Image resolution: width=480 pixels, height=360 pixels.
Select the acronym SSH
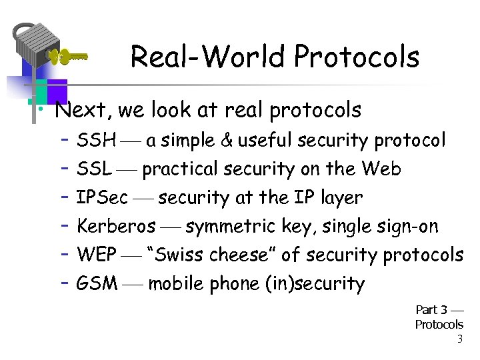click(97, 141)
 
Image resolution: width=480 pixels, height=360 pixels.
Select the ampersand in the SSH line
click(226, 141)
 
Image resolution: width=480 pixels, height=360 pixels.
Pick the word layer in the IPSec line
click(340, 198)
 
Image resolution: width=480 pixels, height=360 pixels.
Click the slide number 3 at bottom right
click(459, 339)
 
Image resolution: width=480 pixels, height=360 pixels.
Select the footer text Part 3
click(431, 310)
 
